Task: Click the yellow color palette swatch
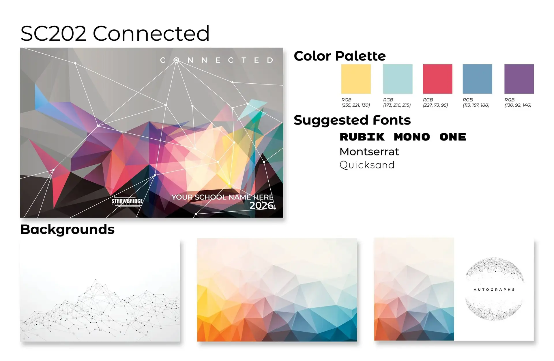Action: [356, 79]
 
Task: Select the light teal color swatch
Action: [398, 79]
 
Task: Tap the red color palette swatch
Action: [437, 79]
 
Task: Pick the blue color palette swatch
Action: [477, 79]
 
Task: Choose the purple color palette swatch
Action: [519, 79]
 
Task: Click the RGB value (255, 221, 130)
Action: [355, 105]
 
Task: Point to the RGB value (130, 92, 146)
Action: [518, 105]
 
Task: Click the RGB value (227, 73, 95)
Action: [435, 105]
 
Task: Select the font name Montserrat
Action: [369, 152]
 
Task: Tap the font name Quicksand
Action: [367, 165]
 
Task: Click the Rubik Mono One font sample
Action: [403, 137]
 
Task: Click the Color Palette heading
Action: [340, 56]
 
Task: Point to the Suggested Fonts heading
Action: [352, 120]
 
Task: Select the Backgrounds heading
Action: [68, 230]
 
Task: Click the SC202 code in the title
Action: [53, 33]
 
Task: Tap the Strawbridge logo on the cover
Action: [127, 202]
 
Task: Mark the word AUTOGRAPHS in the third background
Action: [494, 289]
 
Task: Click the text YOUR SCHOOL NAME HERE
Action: [222, 197]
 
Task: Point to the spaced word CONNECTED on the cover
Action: [217, 60]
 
